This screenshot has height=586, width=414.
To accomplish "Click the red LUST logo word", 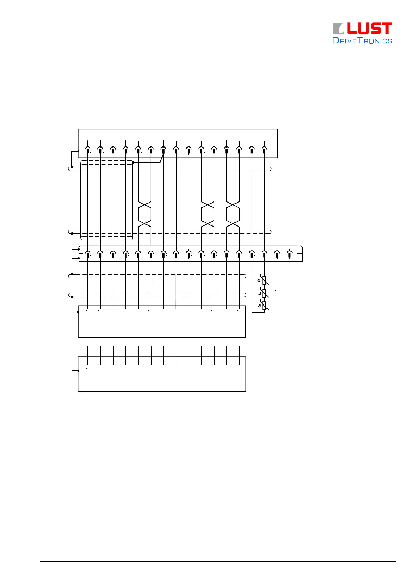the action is click(369, 29).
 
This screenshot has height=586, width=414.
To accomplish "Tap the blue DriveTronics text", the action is click(362, 41).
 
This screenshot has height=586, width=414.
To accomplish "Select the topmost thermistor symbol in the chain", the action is click(264, 280).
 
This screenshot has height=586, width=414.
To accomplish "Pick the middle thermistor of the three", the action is click(264, 293).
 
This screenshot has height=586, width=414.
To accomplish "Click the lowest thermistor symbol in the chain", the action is click(264, 306).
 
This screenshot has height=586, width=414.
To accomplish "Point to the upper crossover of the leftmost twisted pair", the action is click(144, 203).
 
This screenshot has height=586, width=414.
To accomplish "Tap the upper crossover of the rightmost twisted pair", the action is click(233, 203).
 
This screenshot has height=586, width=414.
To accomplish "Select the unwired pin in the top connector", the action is click(189, 150).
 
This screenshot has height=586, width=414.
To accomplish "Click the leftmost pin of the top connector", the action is click(88, 150).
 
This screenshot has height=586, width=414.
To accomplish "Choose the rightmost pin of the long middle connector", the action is click(289, 255).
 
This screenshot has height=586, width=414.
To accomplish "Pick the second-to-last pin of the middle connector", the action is click(277, 255).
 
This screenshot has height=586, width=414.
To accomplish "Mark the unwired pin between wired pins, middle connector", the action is click(189, 255).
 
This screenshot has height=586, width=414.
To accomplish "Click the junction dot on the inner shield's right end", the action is click(133, 163).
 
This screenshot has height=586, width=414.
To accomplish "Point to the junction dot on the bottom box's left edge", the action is click(78, 371).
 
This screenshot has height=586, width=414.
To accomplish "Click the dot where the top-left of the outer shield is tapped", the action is click(72, 167).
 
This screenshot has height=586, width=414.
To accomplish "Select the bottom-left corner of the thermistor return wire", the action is click(252, 312).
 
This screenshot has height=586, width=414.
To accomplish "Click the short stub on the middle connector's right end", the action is click(300, 254).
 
